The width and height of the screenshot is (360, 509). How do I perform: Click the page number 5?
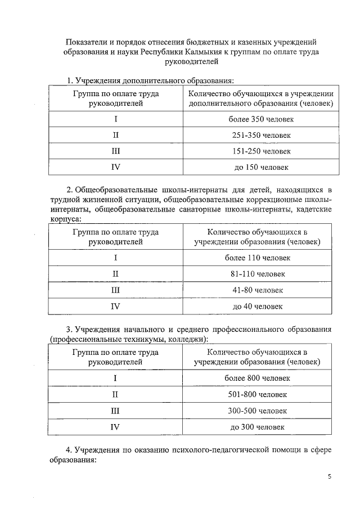point(330,477)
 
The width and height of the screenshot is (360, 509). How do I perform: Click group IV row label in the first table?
point(116,167)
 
